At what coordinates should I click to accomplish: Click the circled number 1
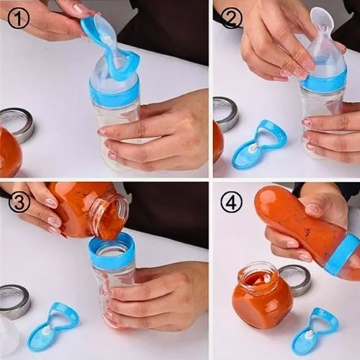18,18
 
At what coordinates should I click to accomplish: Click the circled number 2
231,18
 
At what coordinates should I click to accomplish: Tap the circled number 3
19,202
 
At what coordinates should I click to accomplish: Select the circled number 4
231,201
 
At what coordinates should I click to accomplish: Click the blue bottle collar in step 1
114,91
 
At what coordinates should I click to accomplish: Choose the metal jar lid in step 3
14,302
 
